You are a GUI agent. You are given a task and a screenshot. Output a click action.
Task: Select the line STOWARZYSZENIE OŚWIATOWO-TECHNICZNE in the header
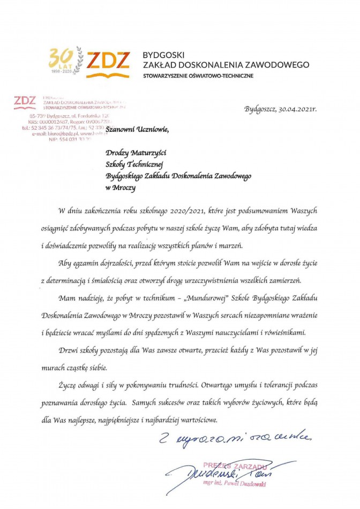tap(198, 76)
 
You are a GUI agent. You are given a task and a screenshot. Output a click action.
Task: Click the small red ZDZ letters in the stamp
tap(25, 100)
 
